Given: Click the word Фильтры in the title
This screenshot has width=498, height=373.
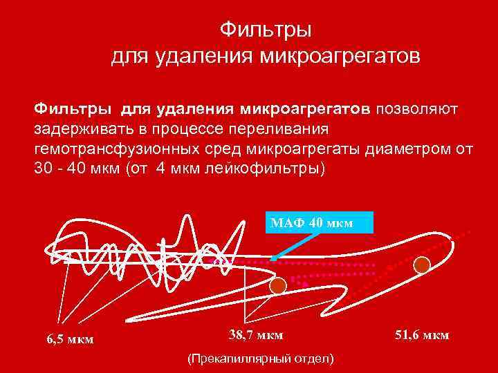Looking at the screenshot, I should pyautogui.click(x=266, y=30).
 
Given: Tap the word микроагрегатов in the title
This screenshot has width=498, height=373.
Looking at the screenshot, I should pyautogui.click(x=340, y=55).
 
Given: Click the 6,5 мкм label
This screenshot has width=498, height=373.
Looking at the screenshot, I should pyautogui.click(x=70, y=339).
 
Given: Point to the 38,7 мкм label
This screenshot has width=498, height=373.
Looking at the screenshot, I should pyautogui.click(x=255, y=335).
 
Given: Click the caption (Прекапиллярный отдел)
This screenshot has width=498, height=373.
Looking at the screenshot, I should pyautogui.click(x=260, y=359).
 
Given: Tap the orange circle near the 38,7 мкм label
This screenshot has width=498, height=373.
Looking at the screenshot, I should pyautogui.click(x=278, y=286).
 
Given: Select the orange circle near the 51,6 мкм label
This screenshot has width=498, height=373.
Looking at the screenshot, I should pyautogui.click(x=421, y=264).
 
